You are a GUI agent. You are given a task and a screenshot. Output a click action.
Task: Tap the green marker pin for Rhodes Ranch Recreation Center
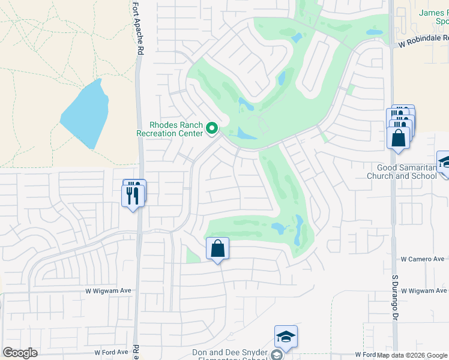(211, 128)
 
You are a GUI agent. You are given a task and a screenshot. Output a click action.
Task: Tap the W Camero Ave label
(423, 259)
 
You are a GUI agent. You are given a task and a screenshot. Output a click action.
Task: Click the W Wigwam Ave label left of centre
(109, 290)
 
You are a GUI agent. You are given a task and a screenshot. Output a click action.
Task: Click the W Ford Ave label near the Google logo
(112, 352)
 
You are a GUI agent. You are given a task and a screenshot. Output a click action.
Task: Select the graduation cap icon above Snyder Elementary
(286, 338)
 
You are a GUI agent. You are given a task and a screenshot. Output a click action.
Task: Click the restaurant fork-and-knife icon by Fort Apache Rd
(133, 195)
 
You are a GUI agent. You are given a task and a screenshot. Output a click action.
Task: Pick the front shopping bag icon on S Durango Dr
(399, 138)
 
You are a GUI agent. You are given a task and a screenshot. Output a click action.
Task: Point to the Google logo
(20, 353)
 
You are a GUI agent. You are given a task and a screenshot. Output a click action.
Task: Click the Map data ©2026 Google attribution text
(412, 355)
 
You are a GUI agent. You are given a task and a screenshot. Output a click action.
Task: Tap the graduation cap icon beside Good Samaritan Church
(445, 163)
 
